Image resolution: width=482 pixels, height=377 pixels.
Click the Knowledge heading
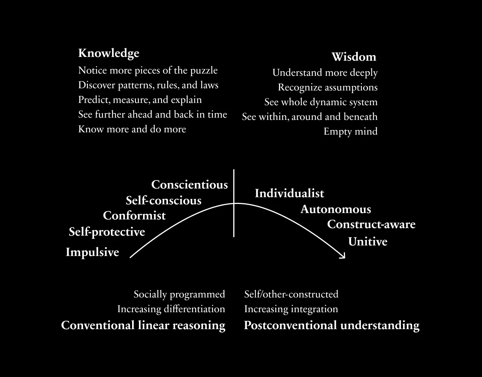click(x=109, y=54)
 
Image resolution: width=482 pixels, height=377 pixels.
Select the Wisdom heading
click(x=354, y=57)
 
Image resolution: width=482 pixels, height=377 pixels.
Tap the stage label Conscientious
click(x=189, y=184)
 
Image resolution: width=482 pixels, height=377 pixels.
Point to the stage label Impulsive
click(x=92, y=252)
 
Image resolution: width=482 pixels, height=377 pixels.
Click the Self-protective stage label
click(x=107, y=232)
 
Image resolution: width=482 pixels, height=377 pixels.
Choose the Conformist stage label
click(x=134, y=216)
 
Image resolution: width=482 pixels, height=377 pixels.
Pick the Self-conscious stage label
click(x=164, y=201)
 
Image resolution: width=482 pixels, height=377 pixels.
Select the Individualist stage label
click(x=290, y=193)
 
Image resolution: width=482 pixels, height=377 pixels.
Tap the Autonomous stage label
click(x=336, y=209)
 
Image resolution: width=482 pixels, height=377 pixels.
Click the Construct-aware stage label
click(x=371, y=224)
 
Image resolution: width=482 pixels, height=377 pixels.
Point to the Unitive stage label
click(x=368, y=241)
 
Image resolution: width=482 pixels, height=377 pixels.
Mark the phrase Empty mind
click(x=351, y=131)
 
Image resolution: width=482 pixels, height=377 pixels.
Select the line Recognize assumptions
click(x=328, y=87)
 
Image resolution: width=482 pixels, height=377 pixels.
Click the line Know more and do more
click(x=132, y=129)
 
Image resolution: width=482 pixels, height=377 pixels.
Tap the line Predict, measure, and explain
click(x=140, y=100)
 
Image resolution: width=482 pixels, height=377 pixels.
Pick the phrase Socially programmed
click(x=179, y=294)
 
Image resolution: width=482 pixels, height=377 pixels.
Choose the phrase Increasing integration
click(x=291, y=309)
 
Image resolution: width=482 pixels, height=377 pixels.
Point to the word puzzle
click(x=204, y=71)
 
